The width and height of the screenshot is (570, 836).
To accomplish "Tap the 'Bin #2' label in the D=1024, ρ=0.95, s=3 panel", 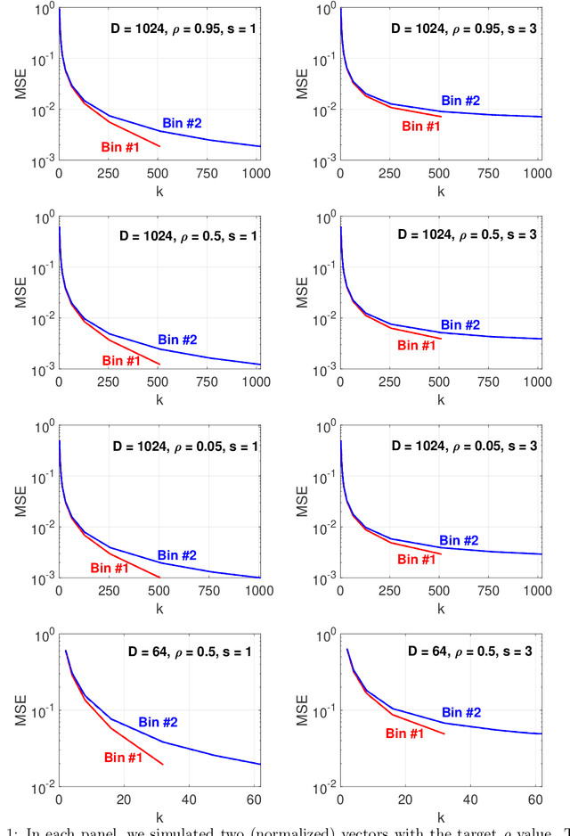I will tap(460, 101).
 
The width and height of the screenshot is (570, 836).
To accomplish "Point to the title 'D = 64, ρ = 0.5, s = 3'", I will tap(469, 652).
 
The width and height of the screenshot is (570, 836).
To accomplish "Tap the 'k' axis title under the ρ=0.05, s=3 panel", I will tap(440, 610).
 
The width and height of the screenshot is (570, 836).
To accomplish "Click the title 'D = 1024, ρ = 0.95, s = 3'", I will tap(465, 28).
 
